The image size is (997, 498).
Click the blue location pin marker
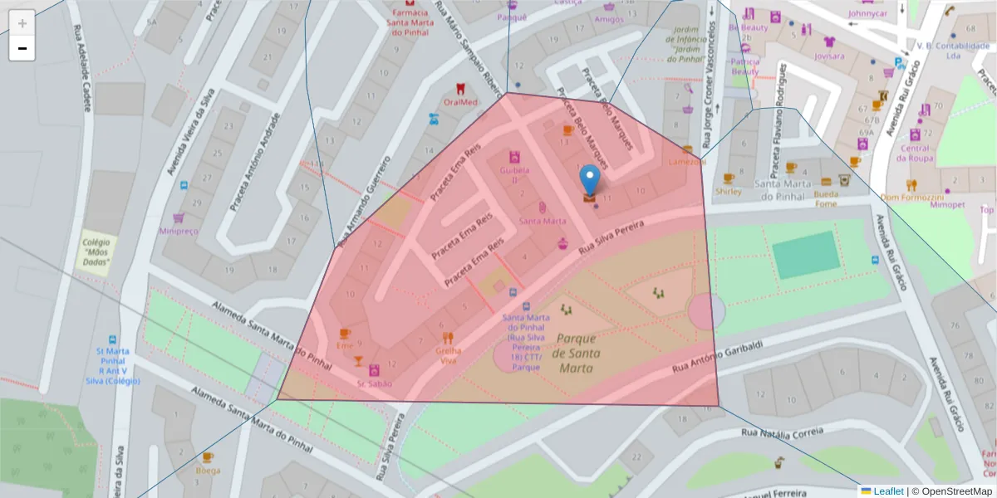coord(589,178)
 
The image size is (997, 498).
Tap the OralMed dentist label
coord(460,102)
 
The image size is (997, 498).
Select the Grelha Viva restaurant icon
coord(448,338)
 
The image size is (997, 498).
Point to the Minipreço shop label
coord(179,231)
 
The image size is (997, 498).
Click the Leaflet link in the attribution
coord(888,491)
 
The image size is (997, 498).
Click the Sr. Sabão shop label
coord(375,383)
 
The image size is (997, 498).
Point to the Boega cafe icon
coord(208,457)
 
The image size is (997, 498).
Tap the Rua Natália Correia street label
coord(782,432)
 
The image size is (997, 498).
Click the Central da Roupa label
coord(916,154)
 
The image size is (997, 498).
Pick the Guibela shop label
coord(514,174)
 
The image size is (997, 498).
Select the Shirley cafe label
coord(729,191)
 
